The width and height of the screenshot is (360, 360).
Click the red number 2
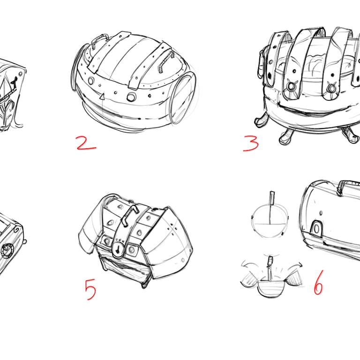click(x=86, y=143)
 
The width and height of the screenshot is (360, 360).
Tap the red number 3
click(x=251, y=143)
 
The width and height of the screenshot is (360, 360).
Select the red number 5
click(x=90, y=289)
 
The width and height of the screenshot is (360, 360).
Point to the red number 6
click(x=319, y=283)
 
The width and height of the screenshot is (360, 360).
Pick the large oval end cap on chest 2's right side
click(x=183, y=97)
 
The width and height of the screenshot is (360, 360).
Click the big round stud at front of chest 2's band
click(x=131, y=97)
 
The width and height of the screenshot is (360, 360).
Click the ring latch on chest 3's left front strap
click(x=291, y=86)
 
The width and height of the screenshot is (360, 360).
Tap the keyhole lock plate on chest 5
click(x=118, y=249)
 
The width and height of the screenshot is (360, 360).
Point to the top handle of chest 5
click(x=129, y=215)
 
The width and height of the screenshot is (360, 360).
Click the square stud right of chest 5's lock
click(x=133, y=249)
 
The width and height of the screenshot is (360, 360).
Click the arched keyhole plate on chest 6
click(x=316, y=228)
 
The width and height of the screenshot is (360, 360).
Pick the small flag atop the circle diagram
click(x=272, y=198)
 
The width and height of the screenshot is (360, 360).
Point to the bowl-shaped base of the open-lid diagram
click(x=270, y=289)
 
